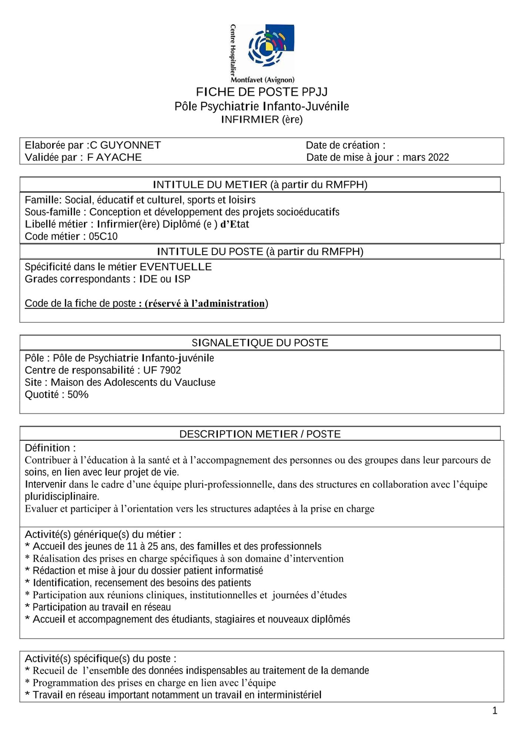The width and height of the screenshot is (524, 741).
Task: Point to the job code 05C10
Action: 103,236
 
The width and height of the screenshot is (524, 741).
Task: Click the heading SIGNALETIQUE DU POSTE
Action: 260,343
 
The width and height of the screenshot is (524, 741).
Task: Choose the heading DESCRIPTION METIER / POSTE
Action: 260,434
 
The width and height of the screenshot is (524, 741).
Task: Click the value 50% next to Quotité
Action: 78,394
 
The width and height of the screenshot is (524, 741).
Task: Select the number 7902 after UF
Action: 170,370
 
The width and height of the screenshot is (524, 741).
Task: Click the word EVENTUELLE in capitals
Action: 176,267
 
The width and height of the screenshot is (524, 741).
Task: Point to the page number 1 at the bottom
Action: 495,710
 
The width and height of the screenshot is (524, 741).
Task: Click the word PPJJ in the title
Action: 314,92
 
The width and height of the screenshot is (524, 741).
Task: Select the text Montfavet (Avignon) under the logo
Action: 262,80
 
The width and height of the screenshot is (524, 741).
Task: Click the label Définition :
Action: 50,448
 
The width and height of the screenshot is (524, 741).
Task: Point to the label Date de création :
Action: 345,145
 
